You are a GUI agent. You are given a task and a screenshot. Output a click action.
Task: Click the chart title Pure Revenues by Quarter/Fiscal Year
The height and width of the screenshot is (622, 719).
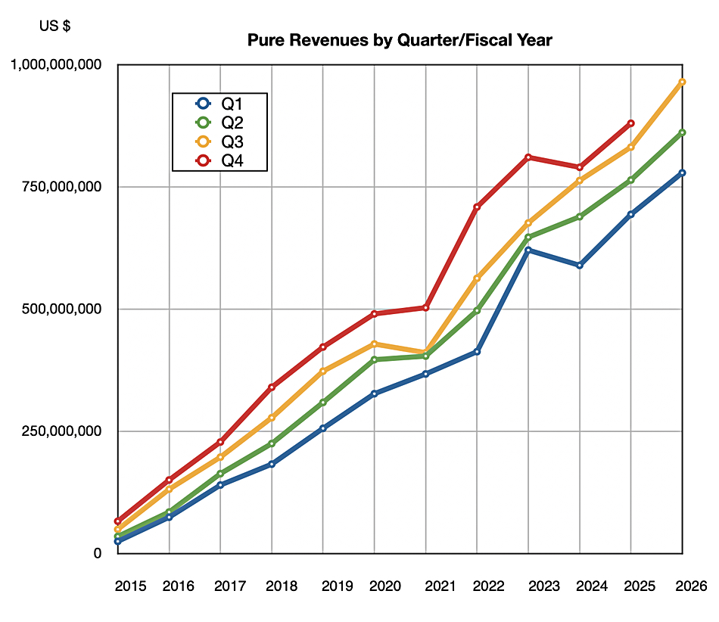[400, 40]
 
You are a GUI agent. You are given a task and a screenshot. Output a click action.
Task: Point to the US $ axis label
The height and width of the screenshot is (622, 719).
[55, 26]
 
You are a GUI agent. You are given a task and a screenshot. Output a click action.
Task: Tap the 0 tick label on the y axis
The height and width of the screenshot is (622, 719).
[98, 553]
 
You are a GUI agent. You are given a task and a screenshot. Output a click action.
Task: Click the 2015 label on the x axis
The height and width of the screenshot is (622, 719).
[129, 586]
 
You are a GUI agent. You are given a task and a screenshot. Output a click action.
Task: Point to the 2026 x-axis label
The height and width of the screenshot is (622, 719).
[692, 586]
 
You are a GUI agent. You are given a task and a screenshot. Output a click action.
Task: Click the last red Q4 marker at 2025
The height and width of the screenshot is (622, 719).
[630, 123]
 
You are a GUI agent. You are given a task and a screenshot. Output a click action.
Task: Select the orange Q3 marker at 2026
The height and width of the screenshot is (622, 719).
[682, 82]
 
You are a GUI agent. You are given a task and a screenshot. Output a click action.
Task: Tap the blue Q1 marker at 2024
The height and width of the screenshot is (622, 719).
[580, 266]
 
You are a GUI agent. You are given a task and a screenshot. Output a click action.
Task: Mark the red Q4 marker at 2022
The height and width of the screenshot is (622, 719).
[477, 207]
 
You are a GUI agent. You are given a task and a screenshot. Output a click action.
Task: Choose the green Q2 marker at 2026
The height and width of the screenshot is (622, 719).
[682, 132]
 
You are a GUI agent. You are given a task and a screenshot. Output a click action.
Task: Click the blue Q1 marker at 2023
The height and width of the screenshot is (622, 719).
[528, 250]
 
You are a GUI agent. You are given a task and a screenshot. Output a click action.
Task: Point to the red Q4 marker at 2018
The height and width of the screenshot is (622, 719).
[272, 387]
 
